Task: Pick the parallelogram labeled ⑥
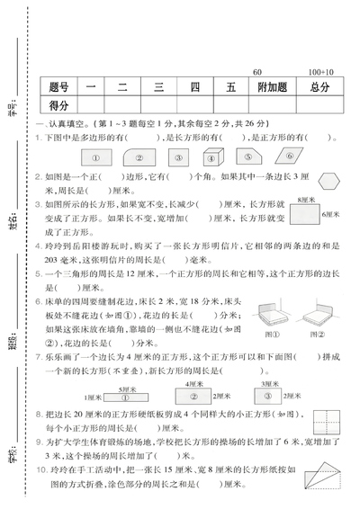pos(294,155)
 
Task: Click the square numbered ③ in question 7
pos(267,370)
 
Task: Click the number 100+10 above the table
pos(319,71)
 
